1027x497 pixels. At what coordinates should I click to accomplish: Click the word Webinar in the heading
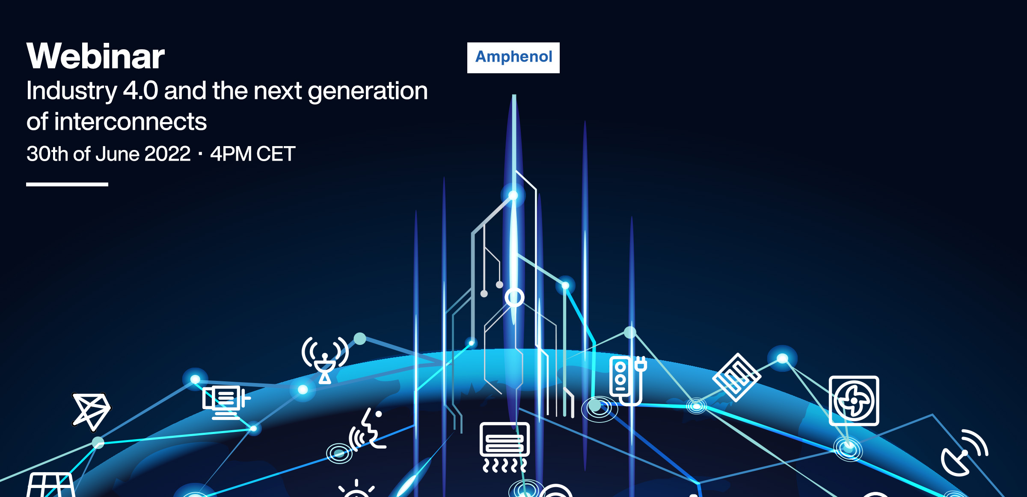click(x=95, y=56)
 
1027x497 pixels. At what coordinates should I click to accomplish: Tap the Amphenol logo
click(x=513, y=57)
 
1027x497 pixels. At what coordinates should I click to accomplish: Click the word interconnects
click(x=131, y=122)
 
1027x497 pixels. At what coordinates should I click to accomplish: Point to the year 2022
click(x=168, y=154)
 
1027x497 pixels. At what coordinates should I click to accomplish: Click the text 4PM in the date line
click(x=231, y=154)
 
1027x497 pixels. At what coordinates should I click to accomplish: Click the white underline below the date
click(x=67, y=184)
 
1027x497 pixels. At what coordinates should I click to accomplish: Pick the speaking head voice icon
click(x=367, y=428)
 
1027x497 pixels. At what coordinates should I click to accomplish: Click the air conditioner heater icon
click(x=505, y=447)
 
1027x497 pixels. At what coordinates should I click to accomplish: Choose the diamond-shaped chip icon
click(x=737, y=377)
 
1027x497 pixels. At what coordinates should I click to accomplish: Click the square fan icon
click(x=854, y=401)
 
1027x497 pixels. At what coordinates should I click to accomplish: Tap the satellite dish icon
click(x=965, y=453)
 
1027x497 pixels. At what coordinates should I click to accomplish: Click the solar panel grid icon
click(x=51, y=485)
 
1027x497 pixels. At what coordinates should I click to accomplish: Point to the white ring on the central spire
click(x=514, y=297)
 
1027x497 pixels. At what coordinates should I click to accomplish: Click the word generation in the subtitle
click(x=368, y=92)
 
